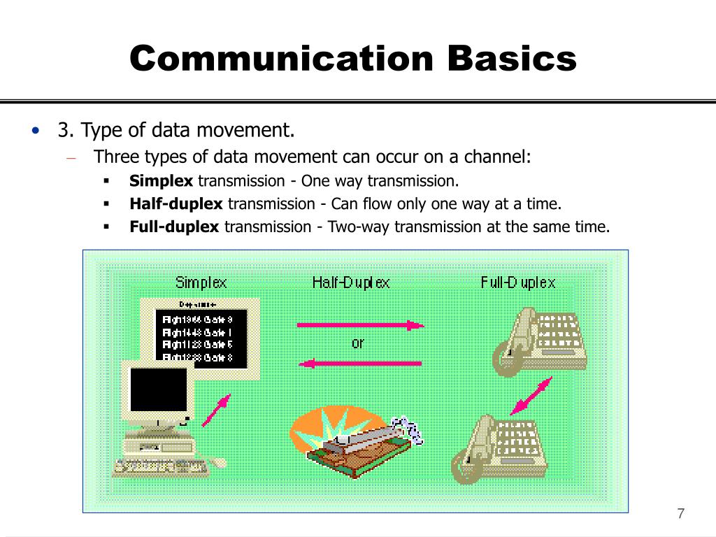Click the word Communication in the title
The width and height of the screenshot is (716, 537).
[x=282, y=58]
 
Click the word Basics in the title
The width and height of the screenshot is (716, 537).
[x=513, y=58]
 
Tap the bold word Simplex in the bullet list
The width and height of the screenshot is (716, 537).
[x=161, y=181]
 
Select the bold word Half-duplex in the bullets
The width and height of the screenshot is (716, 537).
[x=176, y=203]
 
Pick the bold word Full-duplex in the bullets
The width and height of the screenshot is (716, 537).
[x=175, y=227]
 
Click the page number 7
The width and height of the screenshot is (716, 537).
[x=680, y=514]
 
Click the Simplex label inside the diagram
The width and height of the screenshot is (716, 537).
[x=201, y=282]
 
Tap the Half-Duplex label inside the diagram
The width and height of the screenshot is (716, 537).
[x=351, y=282]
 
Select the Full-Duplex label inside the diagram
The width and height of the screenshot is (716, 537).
[x=518, y=282]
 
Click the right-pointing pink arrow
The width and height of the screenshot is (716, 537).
[x=360, y=324]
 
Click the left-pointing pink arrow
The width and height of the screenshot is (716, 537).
[x=360, y=363]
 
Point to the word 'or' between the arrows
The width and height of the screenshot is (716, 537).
[x=357, y=343]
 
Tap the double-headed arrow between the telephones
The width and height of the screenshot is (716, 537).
[x=531, y=396]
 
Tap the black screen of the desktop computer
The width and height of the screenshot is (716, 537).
[x=159, y=389]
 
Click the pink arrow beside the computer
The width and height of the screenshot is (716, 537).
[x=215, y=410]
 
